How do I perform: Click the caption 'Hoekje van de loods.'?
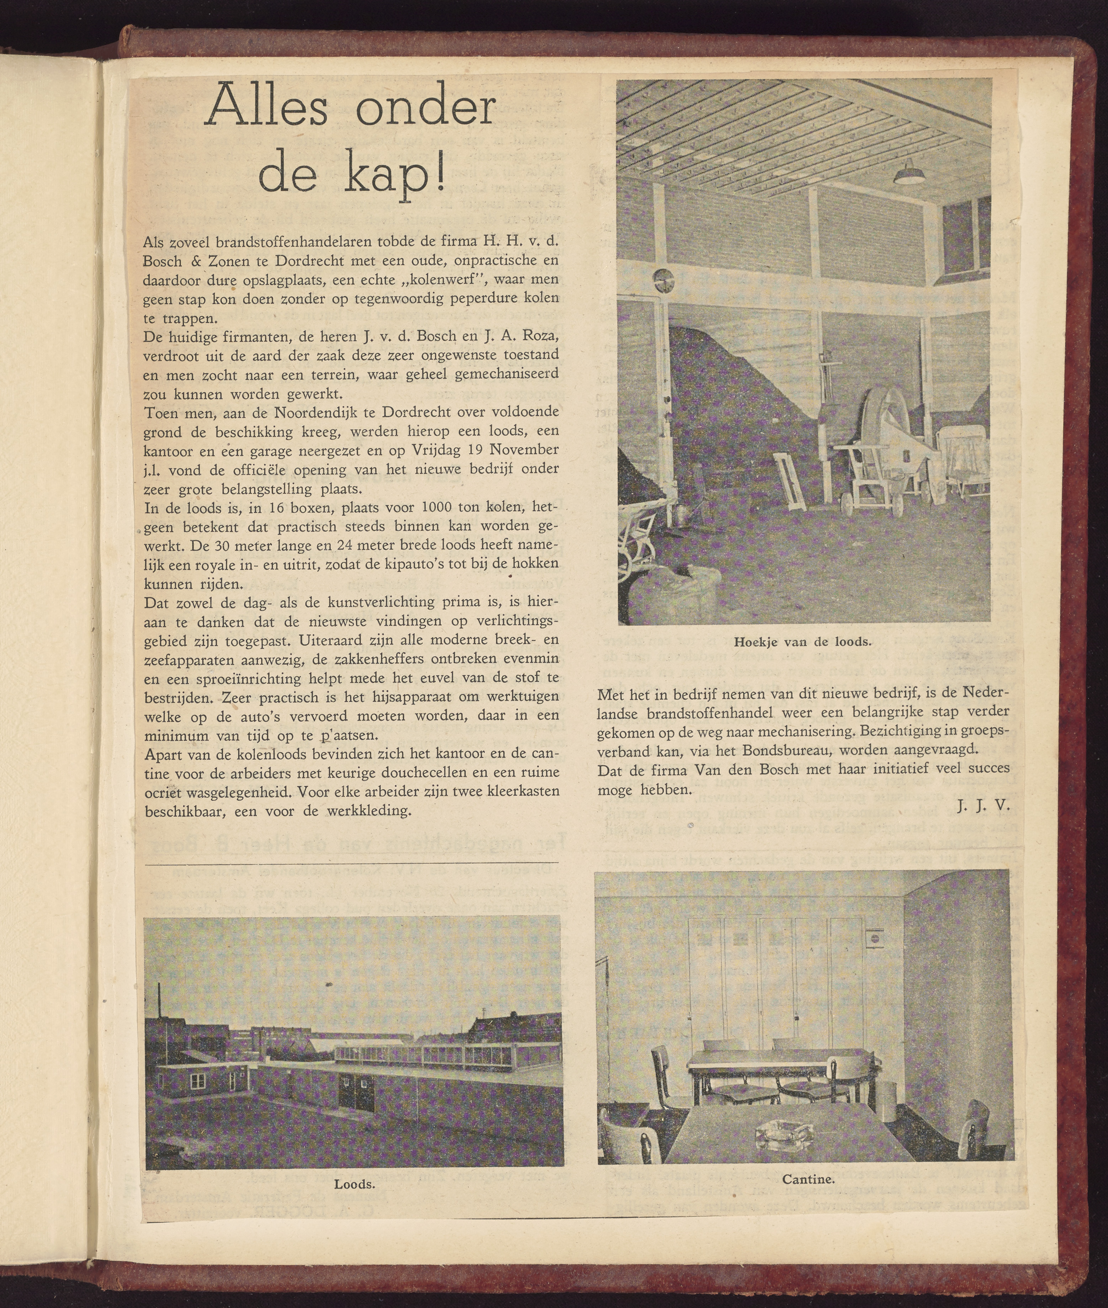pos(803,642)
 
